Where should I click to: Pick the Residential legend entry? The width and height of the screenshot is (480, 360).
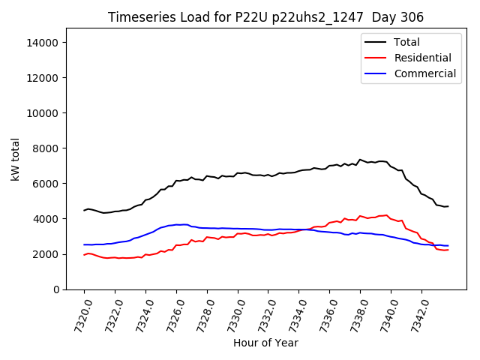[422, 58]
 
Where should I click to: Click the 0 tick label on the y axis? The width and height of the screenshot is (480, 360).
[56, 289]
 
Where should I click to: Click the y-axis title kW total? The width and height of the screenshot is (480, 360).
[15, 159]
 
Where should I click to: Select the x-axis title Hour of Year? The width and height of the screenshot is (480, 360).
[265, 343]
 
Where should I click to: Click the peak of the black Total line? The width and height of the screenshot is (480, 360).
[360, 159]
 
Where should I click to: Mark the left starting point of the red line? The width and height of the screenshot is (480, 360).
[84, 255]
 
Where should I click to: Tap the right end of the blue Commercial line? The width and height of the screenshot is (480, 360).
[448, 246]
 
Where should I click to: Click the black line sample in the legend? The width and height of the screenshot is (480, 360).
[375, 42]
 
